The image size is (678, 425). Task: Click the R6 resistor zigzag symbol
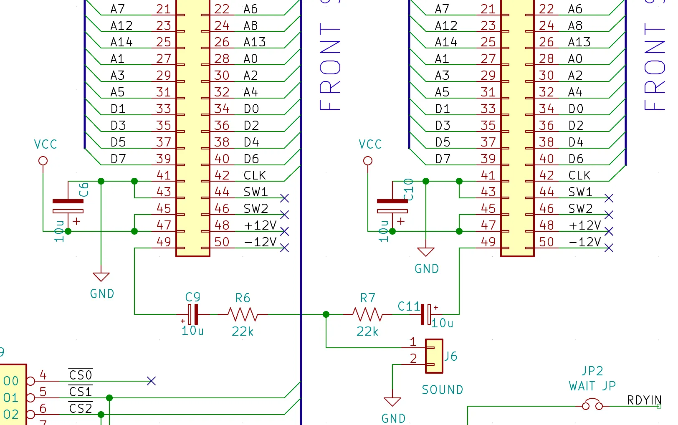point(243,314)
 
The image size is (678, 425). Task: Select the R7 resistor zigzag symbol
point(367,314)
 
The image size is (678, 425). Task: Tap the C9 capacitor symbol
point(193,314)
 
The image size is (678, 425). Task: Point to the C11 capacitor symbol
point(425,314)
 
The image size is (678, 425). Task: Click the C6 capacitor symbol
point(68,206)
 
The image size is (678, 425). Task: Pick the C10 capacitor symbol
point(392,206)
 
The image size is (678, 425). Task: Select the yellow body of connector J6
point(434,356)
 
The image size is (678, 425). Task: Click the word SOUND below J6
point(443,390)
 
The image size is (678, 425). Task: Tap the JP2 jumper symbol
point(592,405)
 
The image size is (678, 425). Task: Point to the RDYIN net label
point(644,400)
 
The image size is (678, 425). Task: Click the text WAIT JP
point(592,386)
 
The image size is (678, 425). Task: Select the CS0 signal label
point(81,375)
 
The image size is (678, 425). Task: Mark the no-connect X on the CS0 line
point(151,381)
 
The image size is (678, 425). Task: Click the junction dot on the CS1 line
point(109,398)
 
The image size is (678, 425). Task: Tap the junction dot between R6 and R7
point(326,314)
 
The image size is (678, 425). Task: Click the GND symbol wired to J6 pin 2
point(392,402)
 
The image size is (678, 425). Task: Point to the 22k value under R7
point(367,332)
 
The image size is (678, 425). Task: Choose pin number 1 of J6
point(413,342)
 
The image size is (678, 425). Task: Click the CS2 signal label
point(81,408)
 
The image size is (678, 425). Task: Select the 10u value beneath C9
point(192,331)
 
